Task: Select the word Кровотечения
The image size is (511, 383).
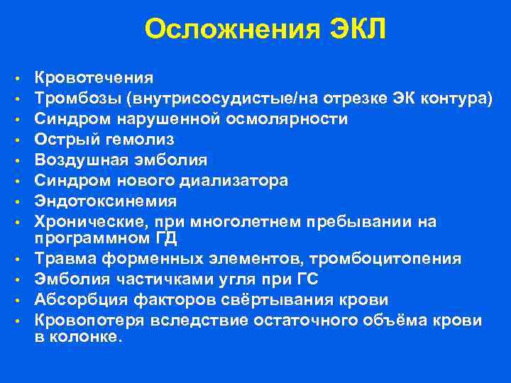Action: pyautogui.click(x=94, y=77)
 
